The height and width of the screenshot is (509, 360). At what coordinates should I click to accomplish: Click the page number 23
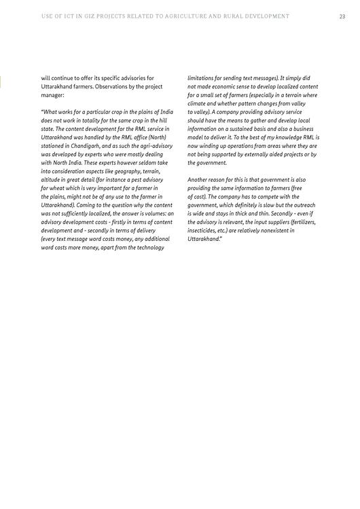click(x=342, y=16)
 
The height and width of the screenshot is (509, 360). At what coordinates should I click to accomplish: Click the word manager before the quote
click(x=54, y=95)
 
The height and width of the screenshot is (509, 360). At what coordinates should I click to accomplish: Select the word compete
click(x=266, y=197)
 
